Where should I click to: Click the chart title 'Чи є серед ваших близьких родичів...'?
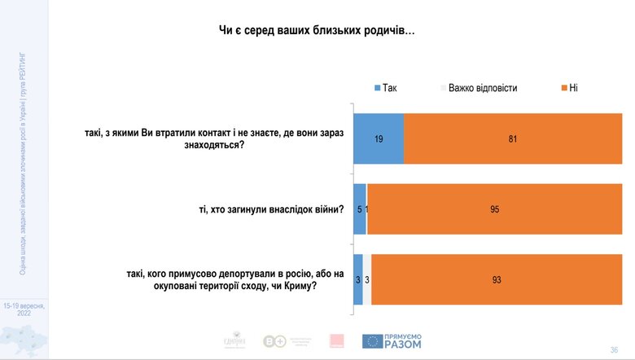[317, 31]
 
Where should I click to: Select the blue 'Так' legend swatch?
[376, 87]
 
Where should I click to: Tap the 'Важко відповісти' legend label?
[483, 87]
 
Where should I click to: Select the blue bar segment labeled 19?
[379, 139]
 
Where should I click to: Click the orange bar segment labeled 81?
[513, 139]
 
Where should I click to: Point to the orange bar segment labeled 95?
[495, 209]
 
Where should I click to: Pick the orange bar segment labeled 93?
[497, 279]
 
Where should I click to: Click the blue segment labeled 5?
[359, 209]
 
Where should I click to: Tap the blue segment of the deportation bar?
[357, 279]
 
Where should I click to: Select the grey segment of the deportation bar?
[367, 279]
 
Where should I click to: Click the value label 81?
[513, 139]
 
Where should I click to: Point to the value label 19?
[379, 139]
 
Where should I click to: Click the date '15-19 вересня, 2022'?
[24, 308]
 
